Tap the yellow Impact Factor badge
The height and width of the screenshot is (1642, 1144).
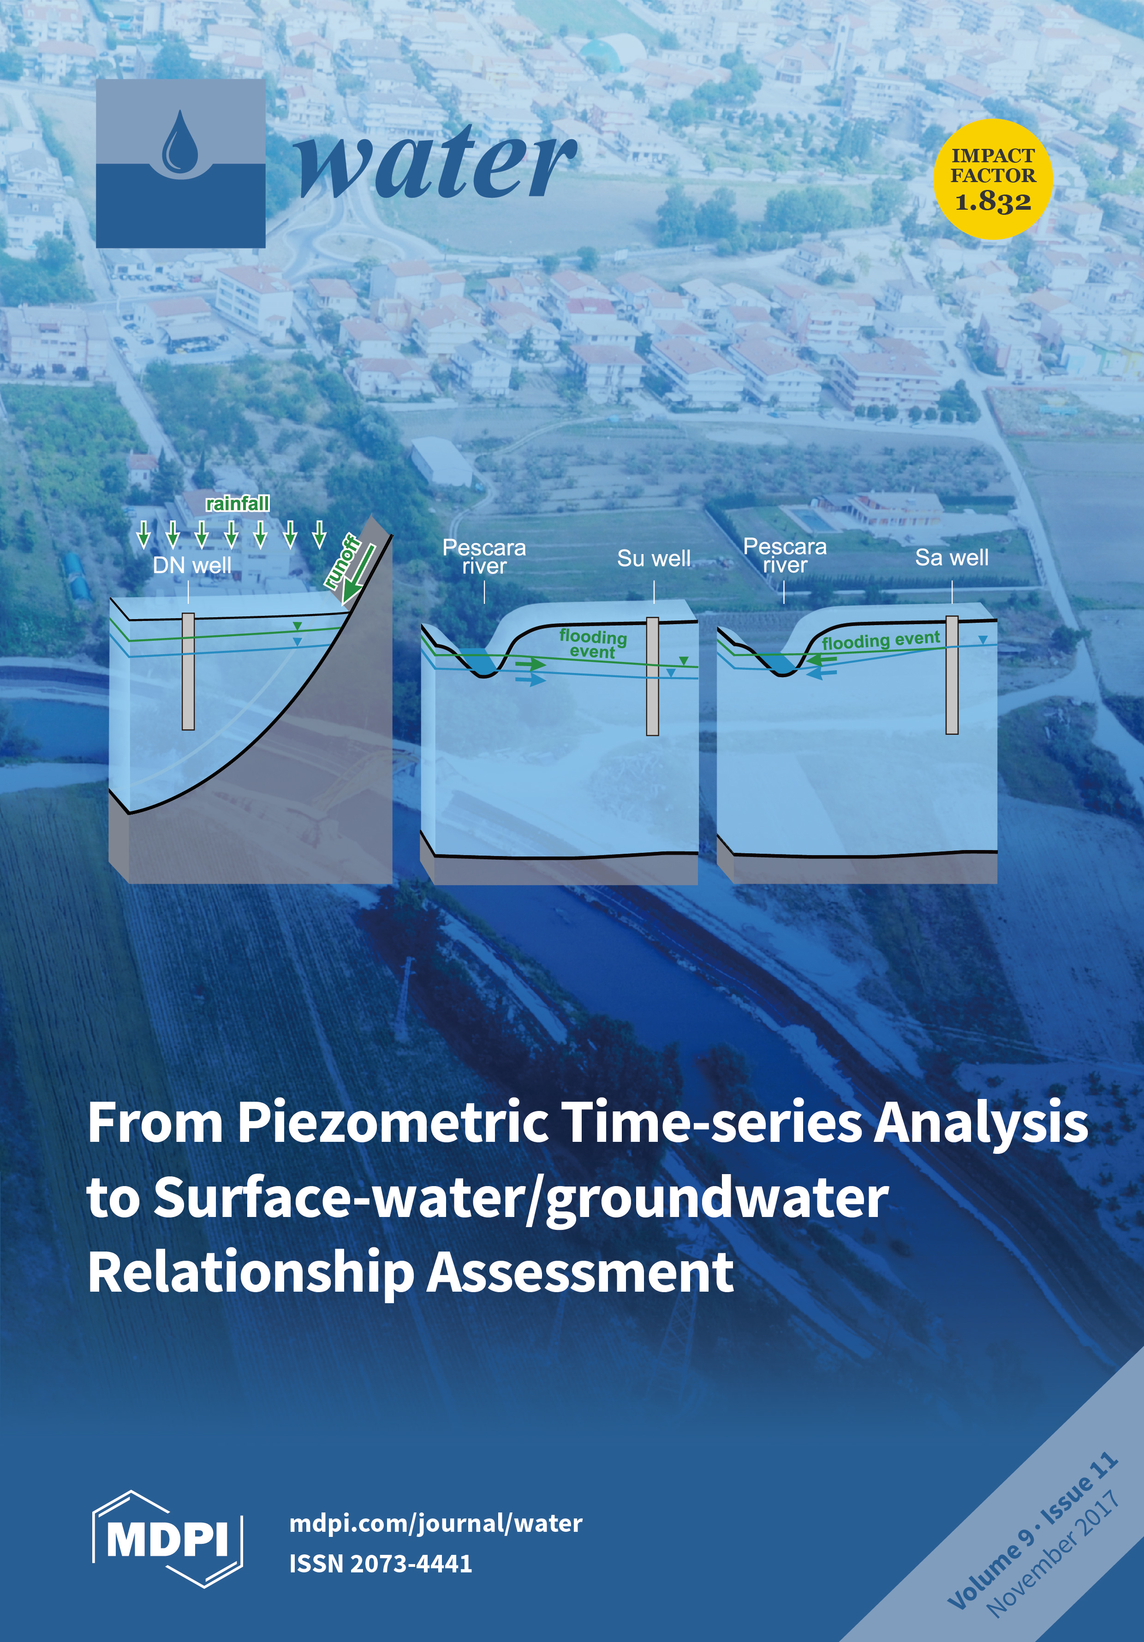coord(993,179)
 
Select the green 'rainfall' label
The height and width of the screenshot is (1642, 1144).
coord(238,503)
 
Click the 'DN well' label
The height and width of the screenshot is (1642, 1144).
coord(192,565)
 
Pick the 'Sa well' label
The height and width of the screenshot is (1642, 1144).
coord(952,557)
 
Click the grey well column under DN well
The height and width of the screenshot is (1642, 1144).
coord(188,672)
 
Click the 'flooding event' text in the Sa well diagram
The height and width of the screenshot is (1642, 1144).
coord(881,640)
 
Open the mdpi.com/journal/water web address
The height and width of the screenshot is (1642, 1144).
coord(436,1523)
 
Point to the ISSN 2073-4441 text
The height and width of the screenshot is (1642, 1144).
coord(381,1563)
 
